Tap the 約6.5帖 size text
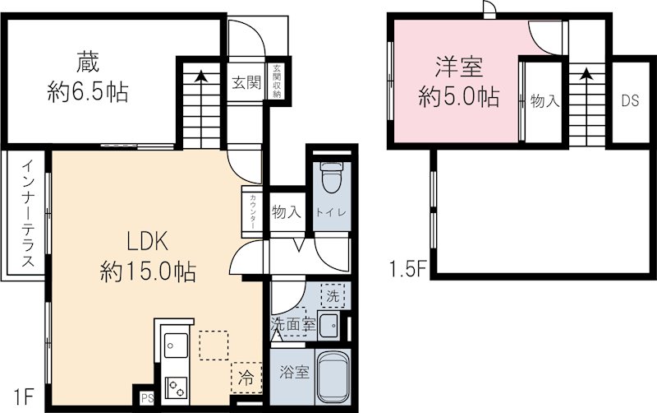[x=87, y=92]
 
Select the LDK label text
[x=147, y=241]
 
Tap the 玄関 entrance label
[x=246, y=81]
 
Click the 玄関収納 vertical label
[x=278, y=81]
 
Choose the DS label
[x=630, y=101]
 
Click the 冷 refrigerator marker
[x=246, y=378]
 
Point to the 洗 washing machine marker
[x=333, y=294]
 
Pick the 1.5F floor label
[x=407, y=269]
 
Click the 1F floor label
[x=22, y=397]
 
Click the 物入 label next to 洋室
[x=544, y=101]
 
